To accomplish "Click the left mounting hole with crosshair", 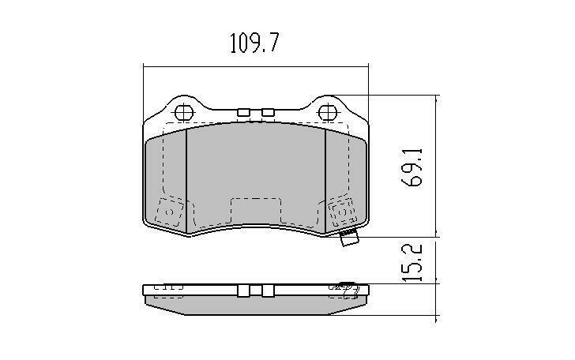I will [x=182, y=112].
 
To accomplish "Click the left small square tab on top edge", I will [x=244, y=113].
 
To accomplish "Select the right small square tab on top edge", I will [x=268, y=113].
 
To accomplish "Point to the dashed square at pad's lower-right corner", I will [x=341, y=212].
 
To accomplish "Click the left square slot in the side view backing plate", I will [x=244, y=291].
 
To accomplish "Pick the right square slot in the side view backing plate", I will [x=268, y=291].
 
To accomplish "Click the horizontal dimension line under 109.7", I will [x=256, y=66].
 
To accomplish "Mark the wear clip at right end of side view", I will [x=350, y=289].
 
